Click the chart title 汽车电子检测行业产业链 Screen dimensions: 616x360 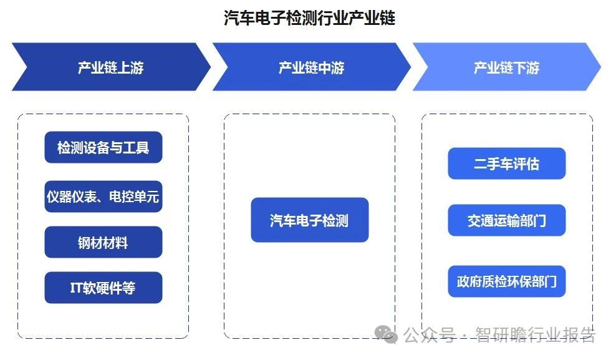point(310,18)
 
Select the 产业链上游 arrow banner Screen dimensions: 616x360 point(111,67)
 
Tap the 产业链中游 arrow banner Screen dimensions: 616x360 point(312,67)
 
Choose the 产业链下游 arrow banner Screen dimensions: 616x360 point(507,67)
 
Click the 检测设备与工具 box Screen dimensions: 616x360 point(103,147)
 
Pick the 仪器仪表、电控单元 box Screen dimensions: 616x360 point(103,197)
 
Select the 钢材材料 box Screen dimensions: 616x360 point(103,242)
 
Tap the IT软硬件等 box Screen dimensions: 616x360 point(103,288)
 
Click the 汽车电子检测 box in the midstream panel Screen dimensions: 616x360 point(310,220)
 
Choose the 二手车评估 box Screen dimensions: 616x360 point(507,163)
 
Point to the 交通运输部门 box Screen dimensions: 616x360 point(507,220)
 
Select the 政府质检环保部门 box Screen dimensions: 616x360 point(507,281)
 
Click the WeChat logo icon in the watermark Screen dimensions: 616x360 point(386,335)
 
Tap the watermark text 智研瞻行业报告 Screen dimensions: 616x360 point(536,335)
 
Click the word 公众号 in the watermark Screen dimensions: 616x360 point(430,335)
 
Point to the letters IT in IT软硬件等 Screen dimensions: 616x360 point(76,288)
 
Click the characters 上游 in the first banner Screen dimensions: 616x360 point(130,67)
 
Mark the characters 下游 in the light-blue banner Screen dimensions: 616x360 point(526,67)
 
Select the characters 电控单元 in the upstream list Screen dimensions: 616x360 point(134,197)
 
